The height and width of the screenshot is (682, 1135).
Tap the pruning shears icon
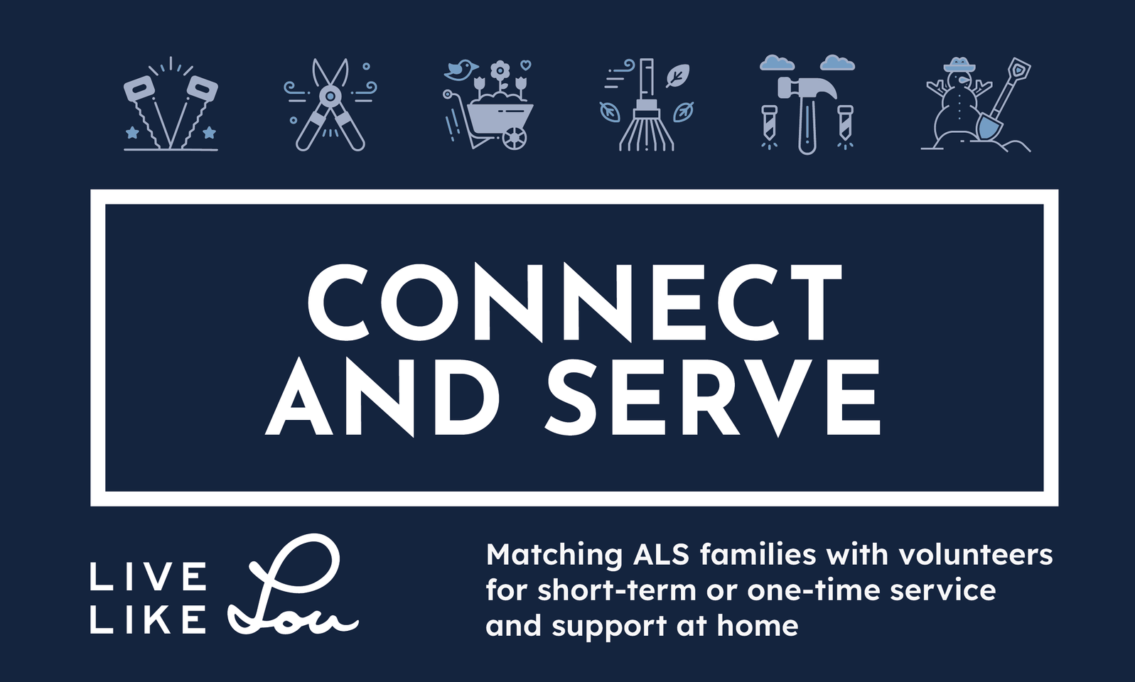[330, 105]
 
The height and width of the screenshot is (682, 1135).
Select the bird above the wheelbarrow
[460, 70]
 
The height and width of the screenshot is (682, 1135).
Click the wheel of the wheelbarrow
[515, 137]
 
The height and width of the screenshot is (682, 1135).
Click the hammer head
[807, 90]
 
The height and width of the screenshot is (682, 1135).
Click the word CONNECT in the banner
[574, 303]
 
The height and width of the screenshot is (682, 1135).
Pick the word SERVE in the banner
[712, 397]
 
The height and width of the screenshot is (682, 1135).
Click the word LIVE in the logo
[149, 577]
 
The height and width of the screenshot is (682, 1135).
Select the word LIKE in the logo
[149, 619]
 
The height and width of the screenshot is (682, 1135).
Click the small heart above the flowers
[527, 65]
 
